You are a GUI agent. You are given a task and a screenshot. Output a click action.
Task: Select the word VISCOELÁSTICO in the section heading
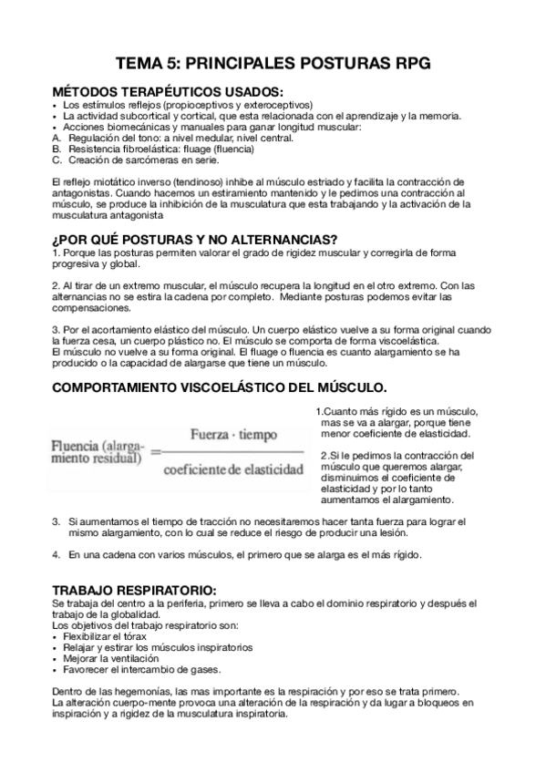[x=250, y=386]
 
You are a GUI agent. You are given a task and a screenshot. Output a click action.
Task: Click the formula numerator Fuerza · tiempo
[x=233, y=436]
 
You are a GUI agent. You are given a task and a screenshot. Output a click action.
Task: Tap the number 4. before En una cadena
[x=57, y=555]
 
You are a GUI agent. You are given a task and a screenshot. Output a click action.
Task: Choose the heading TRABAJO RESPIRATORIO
[x=134, y=592]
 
